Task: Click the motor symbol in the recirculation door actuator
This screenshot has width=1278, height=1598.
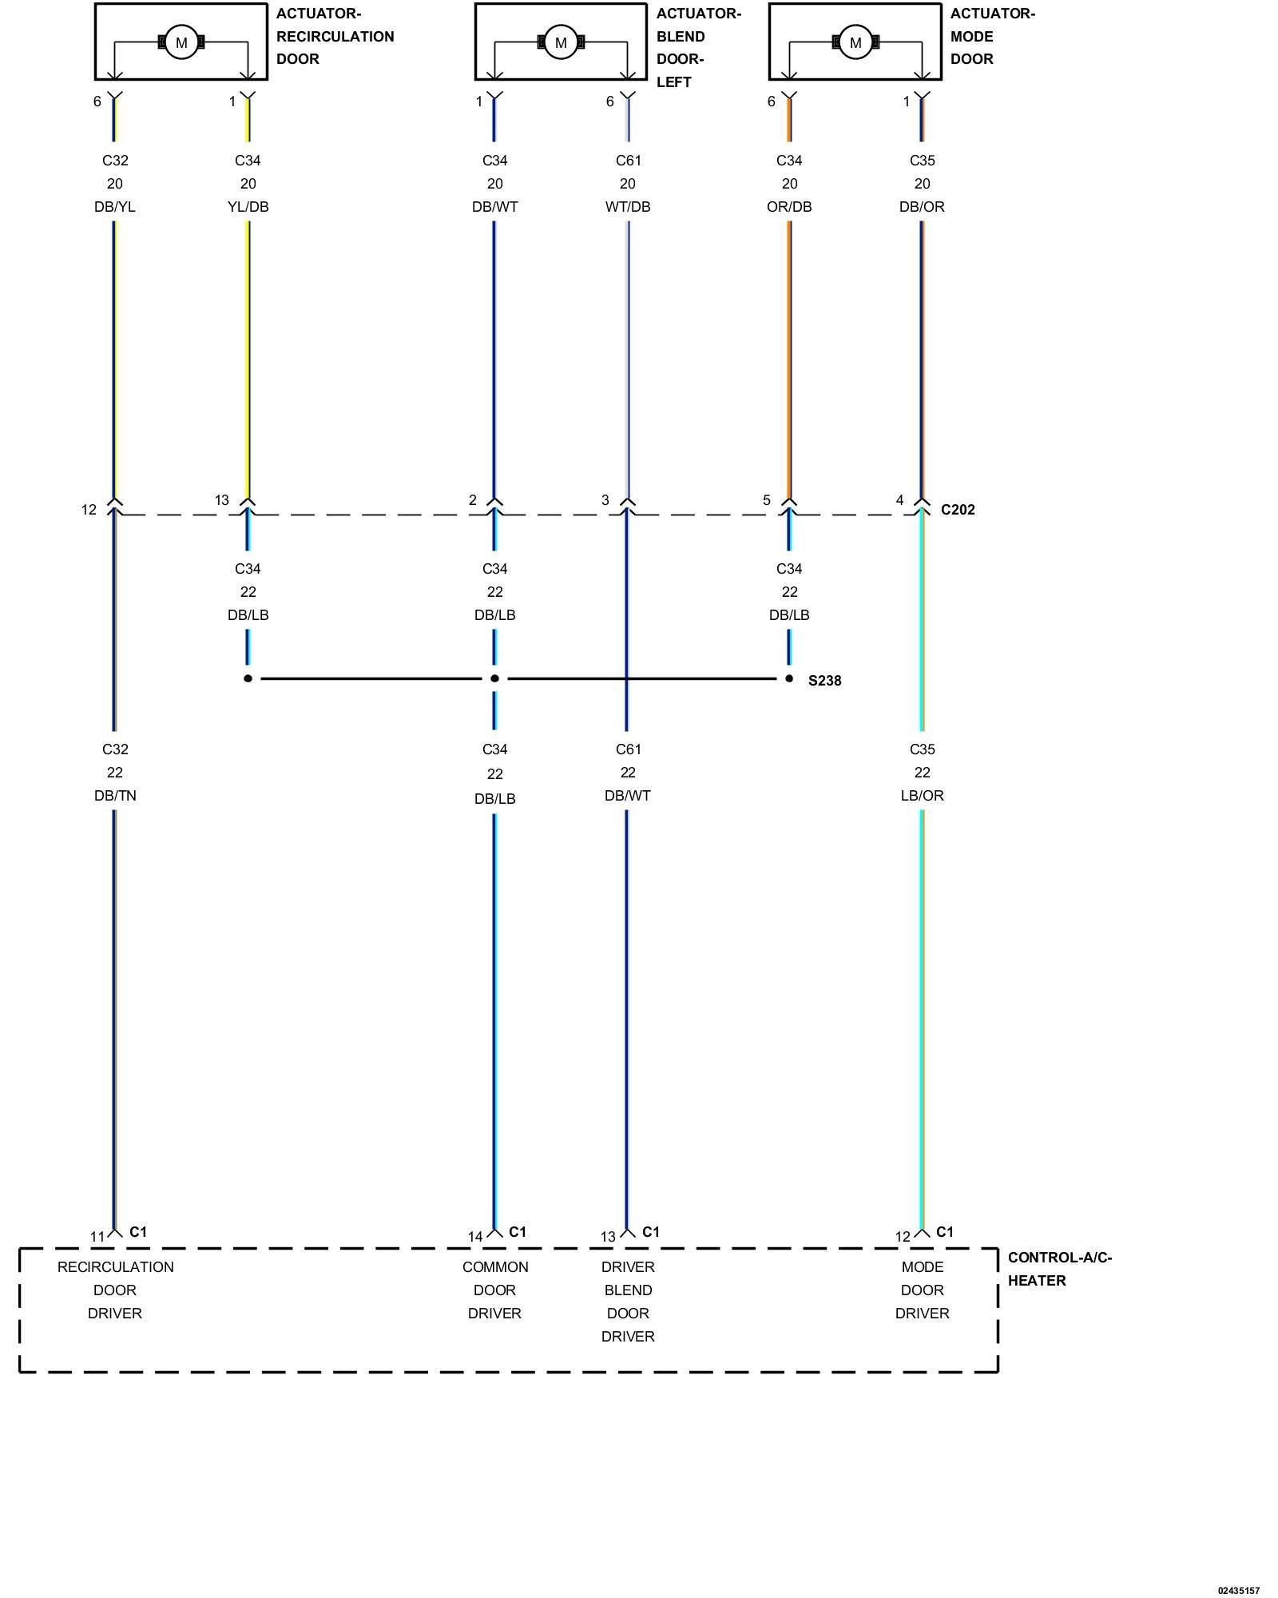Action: coord(181,42)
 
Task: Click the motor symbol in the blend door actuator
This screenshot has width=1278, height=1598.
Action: coord(561,42)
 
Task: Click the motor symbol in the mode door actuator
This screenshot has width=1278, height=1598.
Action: coord(855,42)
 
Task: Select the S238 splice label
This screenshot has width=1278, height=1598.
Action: coord(824,681)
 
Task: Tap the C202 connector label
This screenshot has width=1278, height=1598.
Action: coord(958,510)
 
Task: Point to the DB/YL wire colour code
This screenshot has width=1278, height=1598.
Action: coord(115,207)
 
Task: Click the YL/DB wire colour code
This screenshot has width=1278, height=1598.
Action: coord(248,207)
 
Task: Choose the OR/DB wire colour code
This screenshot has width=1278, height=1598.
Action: coord(789,207)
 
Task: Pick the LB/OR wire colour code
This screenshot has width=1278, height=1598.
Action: coord(922,796)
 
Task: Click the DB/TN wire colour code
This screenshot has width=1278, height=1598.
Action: coord(115,796)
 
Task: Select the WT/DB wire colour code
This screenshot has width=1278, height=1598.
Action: coord(628,207)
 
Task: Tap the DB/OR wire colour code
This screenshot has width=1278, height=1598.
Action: coord(922,207)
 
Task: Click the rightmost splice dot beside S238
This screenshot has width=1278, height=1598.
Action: coord(789,678)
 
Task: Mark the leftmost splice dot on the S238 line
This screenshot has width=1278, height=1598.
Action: coord(248,678)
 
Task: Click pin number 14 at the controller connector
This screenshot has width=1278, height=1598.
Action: coord(475,1237)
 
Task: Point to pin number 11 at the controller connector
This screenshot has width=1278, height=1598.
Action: coord(97,1237)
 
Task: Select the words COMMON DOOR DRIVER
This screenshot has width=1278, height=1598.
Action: coord(494,1290)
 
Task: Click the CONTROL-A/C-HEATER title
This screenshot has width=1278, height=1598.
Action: coord(1059,1269)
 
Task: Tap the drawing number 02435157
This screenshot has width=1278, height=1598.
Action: coord(1238,1590)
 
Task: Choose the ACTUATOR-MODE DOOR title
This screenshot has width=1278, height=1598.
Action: coord(992,36)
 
